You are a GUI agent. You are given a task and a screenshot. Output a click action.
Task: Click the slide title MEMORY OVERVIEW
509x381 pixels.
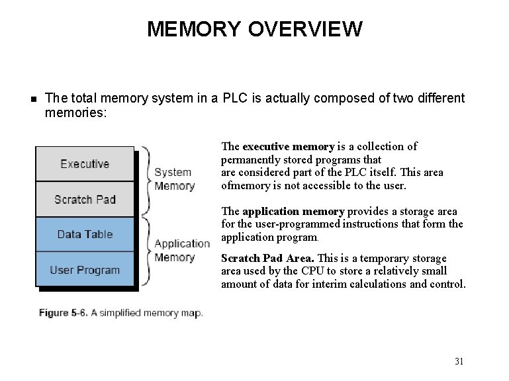pos(254,29)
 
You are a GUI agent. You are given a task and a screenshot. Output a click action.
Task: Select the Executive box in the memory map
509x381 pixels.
pos(85,164)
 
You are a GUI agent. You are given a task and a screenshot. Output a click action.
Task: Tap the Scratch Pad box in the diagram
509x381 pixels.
pos(85,199)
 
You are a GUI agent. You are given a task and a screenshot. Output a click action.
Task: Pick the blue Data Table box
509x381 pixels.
pos(85,234)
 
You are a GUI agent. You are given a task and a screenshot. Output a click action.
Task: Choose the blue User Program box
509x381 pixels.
pos(85,270)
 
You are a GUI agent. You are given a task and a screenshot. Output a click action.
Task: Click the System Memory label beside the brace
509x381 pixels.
pos(173,179)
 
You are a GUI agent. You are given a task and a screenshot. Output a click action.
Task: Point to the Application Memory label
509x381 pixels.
pos(182,251)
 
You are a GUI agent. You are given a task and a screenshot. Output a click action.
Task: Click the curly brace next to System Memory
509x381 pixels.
pos(146,179)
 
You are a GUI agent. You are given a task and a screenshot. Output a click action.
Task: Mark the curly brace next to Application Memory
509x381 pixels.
pos(146,250)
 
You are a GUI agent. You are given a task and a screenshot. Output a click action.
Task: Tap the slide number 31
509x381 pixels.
pos(459,361)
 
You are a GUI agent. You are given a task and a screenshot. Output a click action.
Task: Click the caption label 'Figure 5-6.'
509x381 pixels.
pos(63,313)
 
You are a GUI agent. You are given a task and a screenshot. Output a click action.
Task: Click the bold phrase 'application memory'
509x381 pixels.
pos(293,212)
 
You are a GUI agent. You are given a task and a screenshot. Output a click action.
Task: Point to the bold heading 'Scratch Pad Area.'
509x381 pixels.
pos(267,258)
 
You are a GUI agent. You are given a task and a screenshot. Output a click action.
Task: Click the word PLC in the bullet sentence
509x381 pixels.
pos(236,99)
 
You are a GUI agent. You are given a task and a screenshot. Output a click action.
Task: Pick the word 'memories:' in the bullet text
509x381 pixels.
pos(75,112)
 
